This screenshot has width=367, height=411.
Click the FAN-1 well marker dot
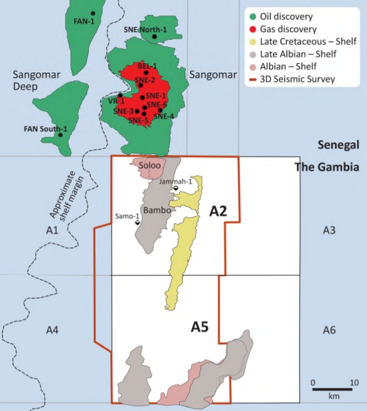93,13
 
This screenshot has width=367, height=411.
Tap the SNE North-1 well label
145,30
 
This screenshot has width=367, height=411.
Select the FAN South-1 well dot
60,135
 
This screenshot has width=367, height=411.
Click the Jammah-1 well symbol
176,188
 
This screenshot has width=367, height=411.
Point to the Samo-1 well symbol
137,223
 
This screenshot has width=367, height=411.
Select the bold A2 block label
218,211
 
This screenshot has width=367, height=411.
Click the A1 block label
52,230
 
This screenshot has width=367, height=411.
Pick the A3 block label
329,230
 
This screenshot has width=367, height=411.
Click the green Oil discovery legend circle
253,17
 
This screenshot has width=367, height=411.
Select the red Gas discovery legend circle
253,29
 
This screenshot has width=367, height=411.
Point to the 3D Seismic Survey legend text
298,79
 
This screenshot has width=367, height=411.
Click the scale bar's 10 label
354,383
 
